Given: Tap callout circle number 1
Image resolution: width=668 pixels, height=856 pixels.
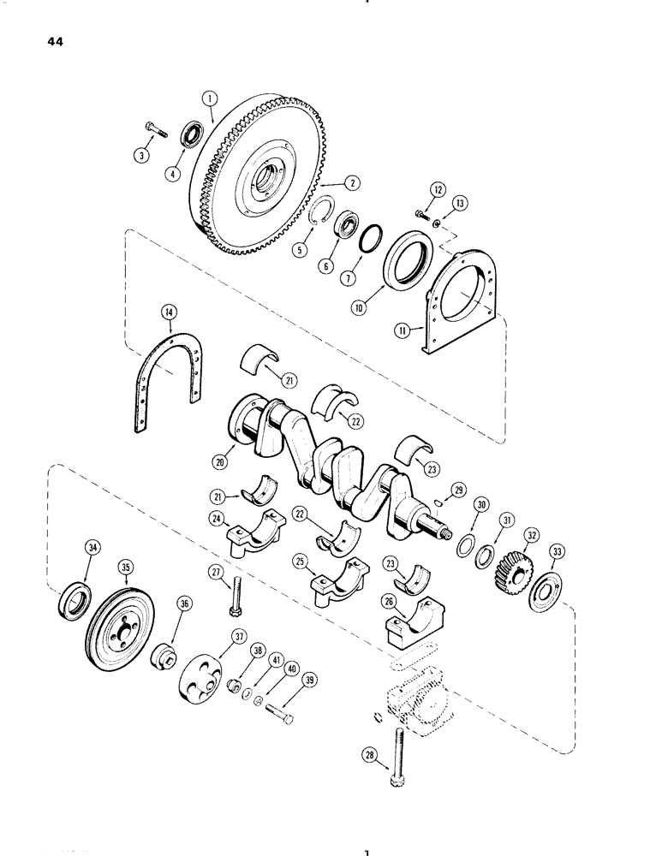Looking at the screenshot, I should [211, 99].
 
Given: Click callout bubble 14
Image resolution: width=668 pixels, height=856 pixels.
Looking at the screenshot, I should [170, 317].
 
